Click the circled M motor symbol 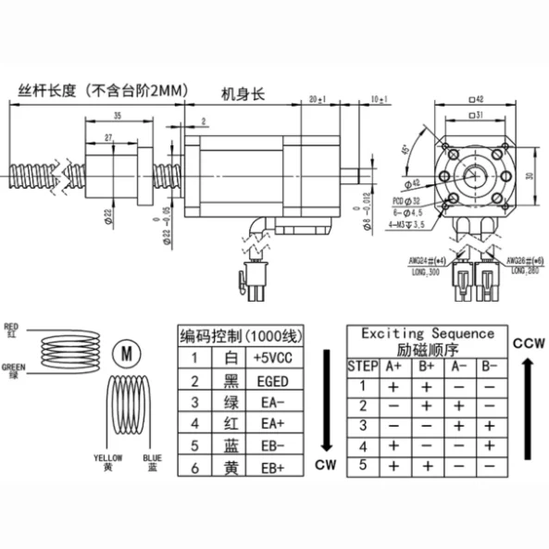126,353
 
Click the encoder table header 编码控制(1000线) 238,335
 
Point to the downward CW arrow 323,399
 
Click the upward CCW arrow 526,408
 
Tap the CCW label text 526,343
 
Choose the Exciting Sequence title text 427,333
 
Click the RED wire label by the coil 12,326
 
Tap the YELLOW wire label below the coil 108,458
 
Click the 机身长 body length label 243,94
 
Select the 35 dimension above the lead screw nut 117,116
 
